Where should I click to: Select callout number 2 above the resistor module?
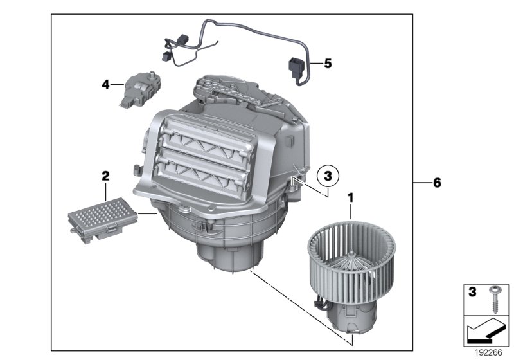pyautogui.click(x=105, y=175)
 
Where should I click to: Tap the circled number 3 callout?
pyautogui.click(x=328, y=175)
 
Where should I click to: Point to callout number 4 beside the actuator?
pyautogui.click(x=104, y=84)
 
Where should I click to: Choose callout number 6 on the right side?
pyautogui.click(x=437, y=183)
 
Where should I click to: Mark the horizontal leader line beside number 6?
pyautogui.click(x=421, y=183)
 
